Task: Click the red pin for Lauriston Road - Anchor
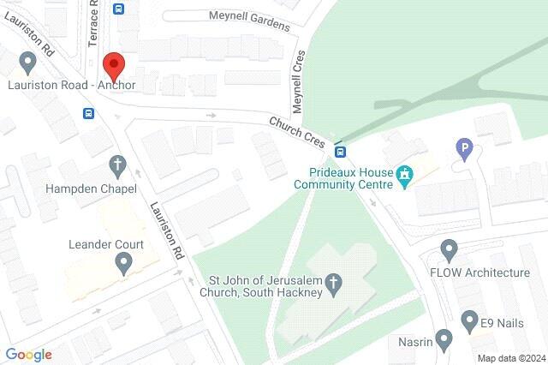[x=114, y=66]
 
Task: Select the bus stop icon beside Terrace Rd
[x=118, y=9]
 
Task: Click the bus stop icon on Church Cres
[x=340, y=153]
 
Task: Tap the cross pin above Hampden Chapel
[x=118, y=165]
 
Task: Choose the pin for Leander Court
[x=124, y=263]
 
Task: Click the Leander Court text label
[x=105, y=243]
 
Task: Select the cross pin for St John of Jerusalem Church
[x=336, y=282]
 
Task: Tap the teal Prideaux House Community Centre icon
[x=405, y=177]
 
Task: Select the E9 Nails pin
[x=468, y=322]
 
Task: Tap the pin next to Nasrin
[x=444, y=340]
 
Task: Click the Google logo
[x=29, y=355]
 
